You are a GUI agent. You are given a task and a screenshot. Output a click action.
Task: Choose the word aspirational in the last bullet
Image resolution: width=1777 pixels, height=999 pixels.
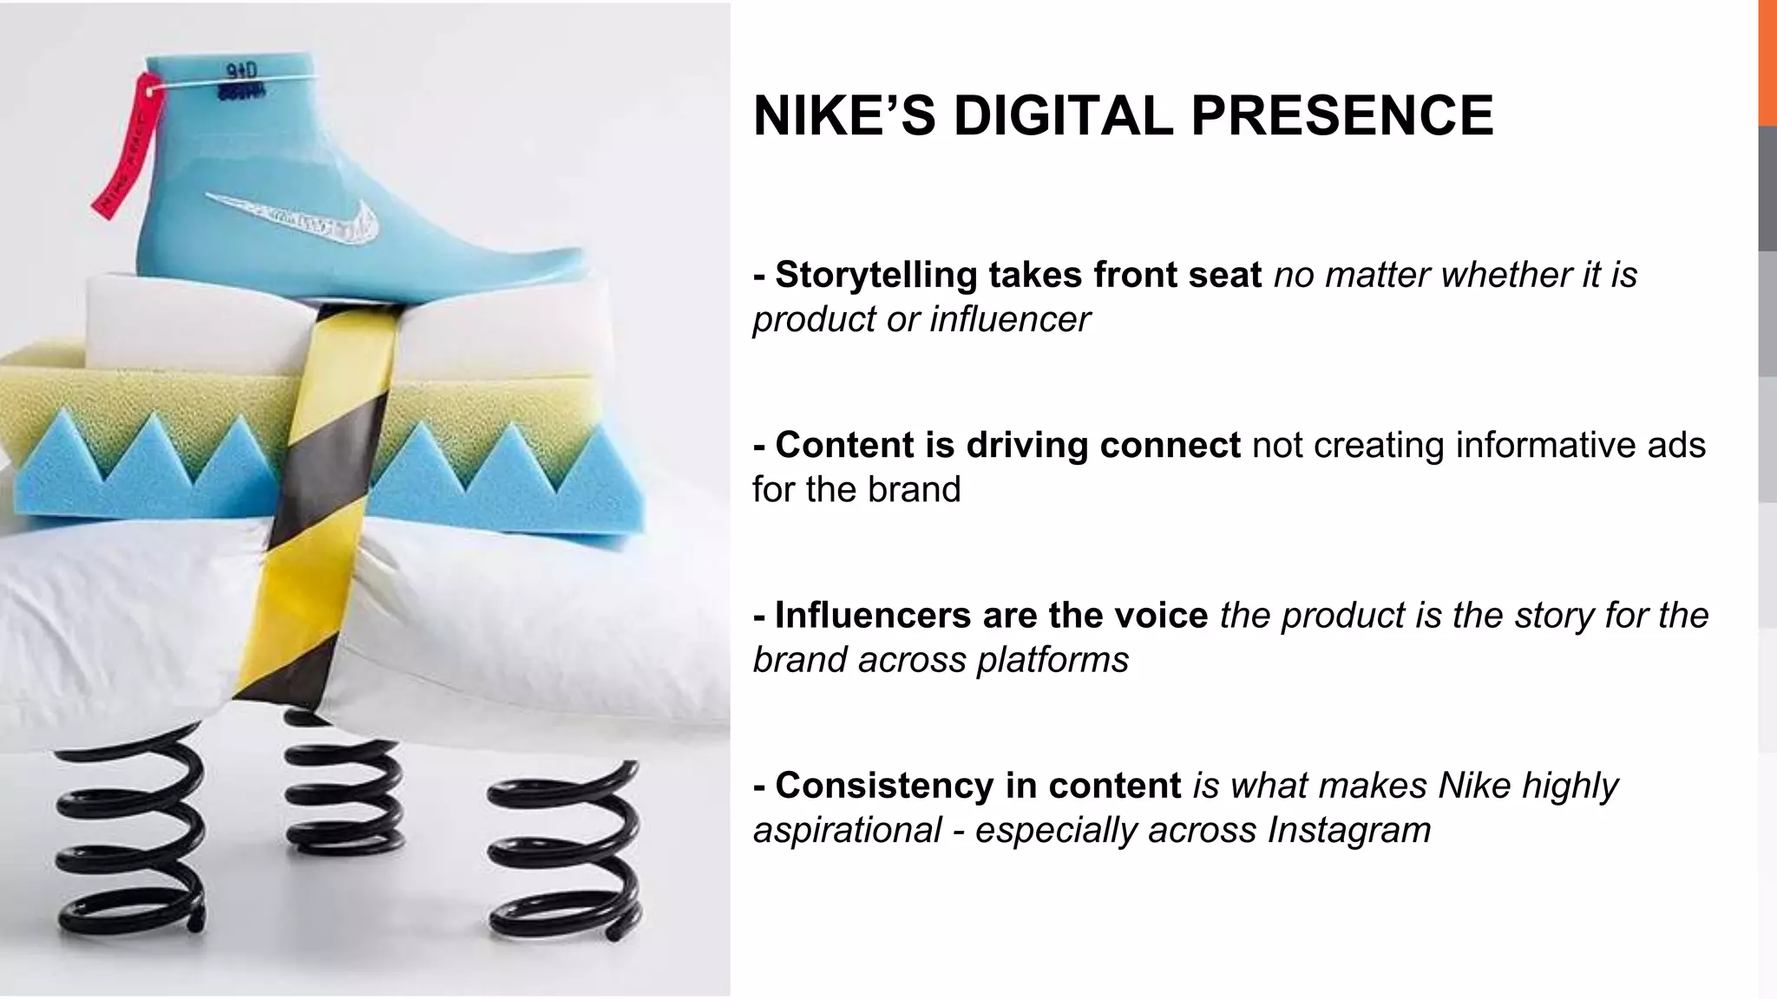[848, 830]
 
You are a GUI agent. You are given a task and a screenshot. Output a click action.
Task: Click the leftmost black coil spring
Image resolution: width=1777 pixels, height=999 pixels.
[130, 832]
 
